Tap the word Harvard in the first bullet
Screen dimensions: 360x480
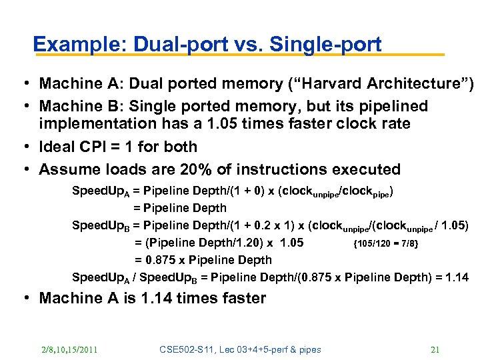pos(321,83)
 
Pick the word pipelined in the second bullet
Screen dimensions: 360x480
pos(389,106)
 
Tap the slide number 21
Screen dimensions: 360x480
pos(436,349)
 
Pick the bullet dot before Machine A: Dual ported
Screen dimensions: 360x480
pos(23,84)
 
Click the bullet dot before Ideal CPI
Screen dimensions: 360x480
pos(23,147)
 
